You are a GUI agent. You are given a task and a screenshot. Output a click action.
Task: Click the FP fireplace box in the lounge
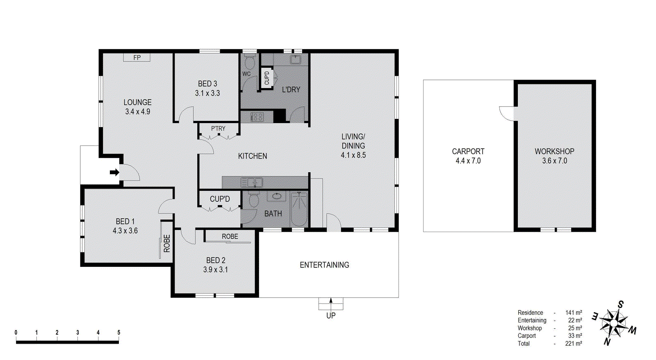pyautogui.click(x=137, y=58)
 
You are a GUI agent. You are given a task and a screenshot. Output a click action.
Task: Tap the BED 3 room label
pyautogui.click(x=207, y=84)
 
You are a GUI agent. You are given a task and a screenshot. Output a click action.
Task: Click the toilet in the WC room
pyautogui.click(x=249, y=63)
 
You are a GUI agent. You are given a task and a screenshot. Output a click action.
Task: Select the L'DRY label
pyautogui.click(x=291, y=89)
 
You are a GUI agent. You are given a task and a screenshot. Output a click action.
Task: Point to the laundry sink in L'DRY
pyautogui.click(x=295, y=60)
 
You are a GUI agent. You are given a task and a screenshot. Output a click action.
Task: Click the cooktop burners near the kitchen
pyautogui.click(x=257, y=117)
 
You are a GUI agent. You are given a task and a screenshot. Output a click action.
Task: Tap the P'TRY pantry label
pyautogui.click(x=218, y=128)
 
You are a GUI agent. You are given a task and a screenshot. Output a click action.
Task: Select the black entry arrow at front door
pyautogui.click(x=114, y=172)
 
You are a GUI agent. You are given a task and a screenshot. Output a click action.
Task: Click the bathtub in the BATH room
pyautogui.click(x=299, y=210)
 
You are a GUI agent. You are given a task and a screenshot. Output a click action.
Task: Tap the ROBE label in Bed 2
pyautogui.click(x=230, y=237)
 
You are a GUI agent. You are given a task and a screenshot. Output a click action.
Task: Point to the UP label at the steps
pyautogui.click(x=331, y=316)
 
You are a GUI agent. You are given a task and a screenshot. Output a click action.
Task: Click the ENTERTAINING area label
pyautogui.click(x=324, y=265)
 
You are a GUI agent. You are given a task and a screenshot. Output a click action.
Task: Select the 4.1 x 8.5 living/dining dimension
pyautogui.click(x=353, y=155)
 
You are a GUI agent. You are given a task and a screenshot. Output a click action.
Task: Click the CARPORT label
pyautogui.click(x=468, y=151)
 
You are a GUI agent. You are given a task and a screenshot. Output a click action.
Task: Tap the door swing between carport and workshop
pyautogui.click(x=507, y=113)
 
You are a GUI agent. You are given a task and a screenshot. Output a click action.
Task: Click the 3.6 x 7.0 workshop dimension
pyautogui.click(x=554, y=161)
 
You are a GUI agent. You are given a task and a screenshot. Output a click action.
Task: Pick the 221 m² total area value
pyautogui.click(x=573, y=344)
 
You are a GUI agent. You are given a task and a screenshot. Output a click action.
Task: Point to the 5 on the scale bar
pyautogui.click(x=119, y=333)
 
